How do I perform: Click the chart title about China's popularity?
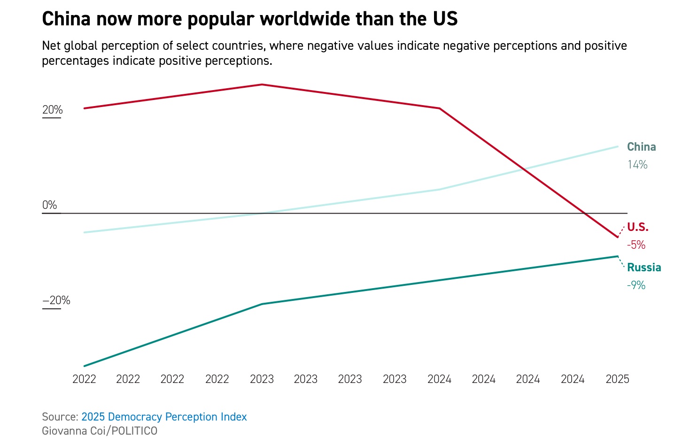click(249, 19)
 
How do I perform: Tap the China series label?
click(641, 147)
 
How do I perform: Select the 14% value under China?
click(637, 165)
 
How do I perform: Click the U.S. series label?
click(637, 227)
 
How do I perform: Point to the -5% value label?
click(636, 245)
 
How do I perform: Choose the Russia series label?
click(643, 268)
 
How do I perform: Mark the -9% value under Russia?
click(636, 285)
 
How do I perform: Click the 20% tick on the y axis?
click(52, 110)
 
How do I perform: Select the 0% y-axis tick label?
click(49, 205)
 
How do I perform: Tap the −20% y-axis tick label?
click(56, 300)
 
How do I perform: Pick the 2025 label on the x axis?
click(617, 379)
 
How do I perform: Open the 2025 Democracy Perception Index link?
click(164, 417)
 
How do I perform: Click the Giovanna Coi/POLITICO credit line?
click(100, 431)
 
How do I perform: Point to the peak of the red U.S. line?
click(262, 84)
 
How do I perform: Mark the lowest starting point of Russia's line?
click(85, 366)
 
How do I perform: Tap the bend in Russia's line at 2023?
click(262, 304)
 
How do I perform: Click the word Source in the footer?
click(59, 417)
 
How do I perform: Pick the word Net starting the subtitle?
click(51, 46)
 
